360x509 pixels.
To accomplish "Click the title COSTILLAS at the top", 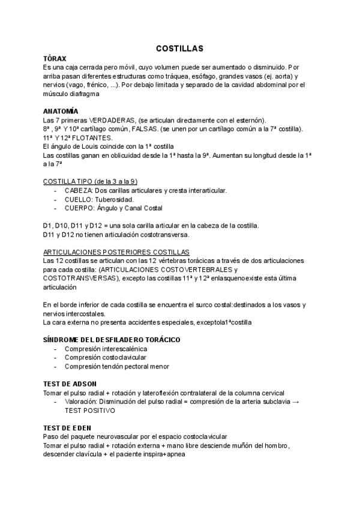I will point(180,48).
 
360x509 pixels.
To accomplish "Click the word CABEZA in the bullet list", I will point(78,190).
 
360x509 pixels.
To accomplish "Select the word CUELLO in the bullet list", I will point(79,199).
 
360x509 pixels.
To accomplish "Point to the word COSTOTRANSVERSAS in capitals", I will point(80,279).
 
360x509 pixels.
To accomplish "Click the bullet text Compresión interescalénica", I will point(106,349).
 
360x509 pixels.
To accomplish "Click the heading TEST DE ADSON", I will point(70,384).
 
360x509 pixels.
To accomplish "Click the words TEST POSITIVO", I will point(89,410).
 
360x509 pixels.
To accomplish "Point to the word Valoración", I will point(83,402).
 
